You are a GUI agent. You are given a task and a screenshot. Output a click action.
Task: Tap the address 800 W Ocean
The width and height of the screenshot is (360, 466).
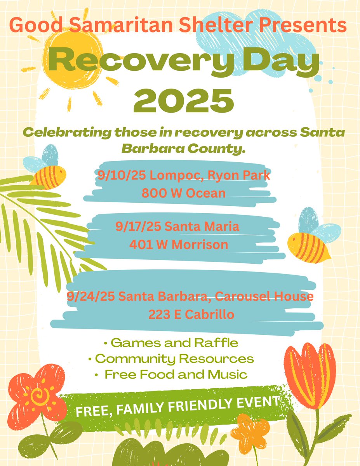tap(183, 193)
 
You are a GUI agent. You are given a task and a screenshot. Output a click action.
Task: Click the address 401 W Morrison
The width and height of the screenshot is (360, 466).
tap(178, 245)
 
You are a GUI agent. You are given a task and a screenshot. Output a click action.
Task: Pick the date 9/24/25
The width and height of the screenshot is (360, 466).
tap(90, 297)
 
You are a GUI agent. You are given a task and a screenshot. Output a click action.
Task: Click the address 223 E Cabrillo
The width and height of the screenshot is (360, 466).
tap(191, 315)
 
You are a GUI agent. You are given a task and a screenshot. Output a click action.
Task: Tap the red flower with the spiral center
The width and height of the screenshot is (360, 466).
tap(37, 394)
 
